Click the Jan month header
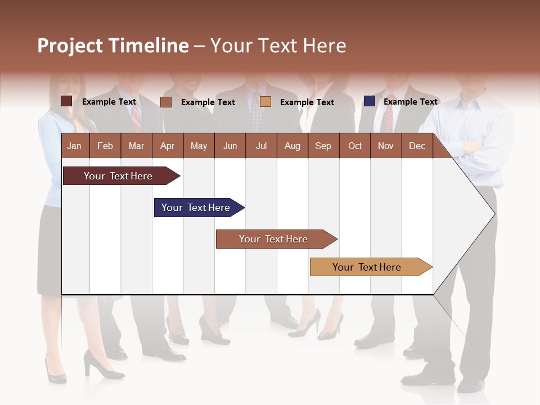point(74,146)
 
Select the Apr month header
point(167,146)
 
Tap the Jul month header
point(261,146)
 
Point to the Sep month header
point(323,146)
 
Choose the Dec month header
point(417,146)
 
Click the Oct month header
point(355,146)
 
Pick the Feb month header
point(105,146)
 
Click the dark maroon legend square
point(67,101)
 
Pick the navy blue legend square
point(369,101)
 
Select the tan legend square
point(265,101)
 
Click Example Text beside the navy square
point(410,102)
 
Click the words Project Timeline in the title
point(113,46)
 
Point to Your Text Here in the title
point(278,46)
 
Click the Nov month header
point(386,146)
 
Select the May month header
point(199,146)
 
